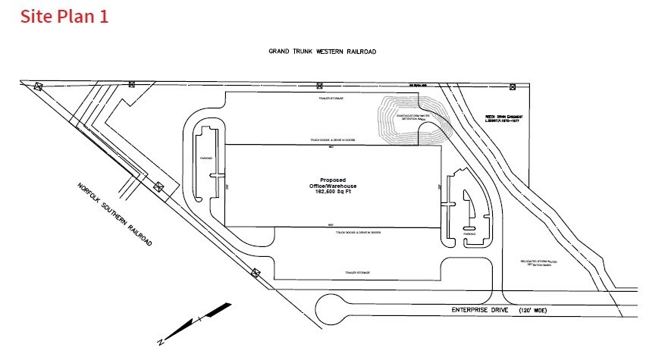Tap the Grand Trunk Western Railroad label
click(x=322, y=52)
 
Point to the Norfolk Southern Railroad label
click(x=114, y=215)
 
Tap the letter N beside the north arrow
click(x=161, y=342)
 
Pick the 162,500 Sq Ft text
click(x=334, y=193)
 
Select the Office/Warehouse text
click(x=334, y=186)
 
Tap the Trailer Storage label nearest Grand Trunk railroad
click(x=330, y=99)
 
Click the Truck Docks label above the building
click(x=332, y=140)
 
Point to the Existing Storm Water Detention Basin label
click(x=409, y=117)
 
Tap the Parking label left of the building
click(x=205, y=158)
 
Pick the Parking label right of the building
click(x=470, y=236)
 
